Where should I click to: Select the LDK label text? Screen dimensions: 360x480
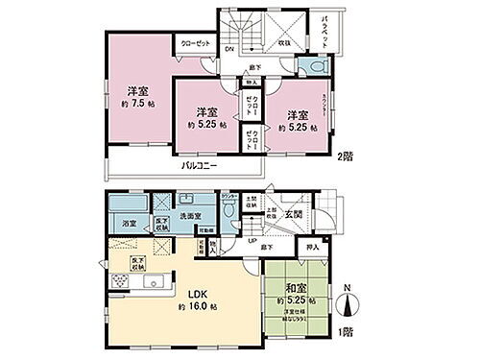(192, 293)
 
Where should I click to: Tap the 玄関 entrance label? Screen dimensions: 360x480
(293, 212)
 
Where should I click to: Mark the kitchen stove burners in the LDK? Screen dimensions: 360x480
(119, 282)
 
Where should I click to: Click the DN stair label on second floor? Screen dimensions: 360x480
(230, 49)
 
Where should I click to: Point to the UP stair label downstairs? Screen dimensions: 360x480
(252, 241)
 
